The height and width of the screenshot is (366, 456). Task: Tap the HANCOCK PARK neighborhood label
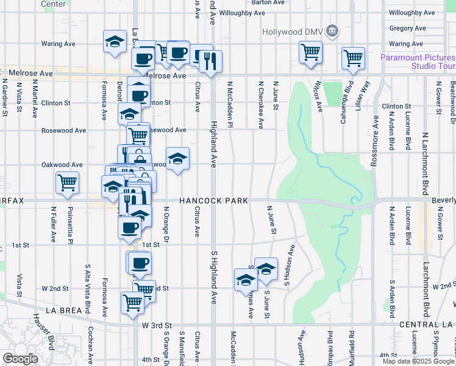pyautogui.click(x=213, y=201)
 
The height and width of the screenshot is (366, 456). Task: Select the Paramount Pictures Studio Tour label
pyautogui.click(x=418, y=62)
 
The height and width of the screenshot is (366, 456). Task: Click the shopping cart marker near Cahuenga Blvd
pyautogui.click(x=354, y=58)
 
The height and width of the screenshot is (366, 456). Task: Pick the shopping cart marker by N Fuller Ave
pyautogui.click(x=67, y=182)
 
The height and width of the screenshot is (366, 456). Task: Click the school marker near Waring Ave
pyautogui.click(x=114, y=41)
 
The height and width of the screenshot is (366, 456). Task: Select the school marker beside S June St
pyautogui.click(x=266, y=268)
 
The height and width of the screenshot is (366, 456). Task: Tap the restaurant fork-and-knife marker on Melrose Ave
pyautogui.click(x=210, y=61)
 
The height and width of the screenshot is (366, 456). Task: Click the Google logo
pyautogui.click(x=21, y=359)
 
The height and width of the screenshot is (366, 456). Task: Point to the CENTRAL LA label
pyautogui.click(x=427, y=325)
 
